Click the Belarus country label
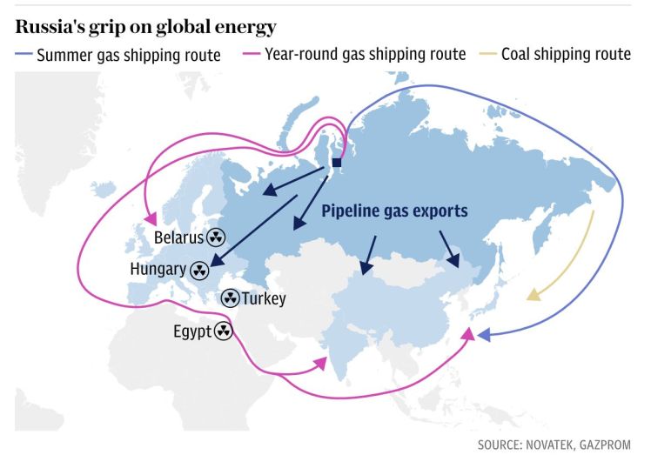178,237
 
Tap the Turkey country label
263,298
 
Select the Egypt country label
191,331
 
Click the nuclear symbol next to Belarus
216,237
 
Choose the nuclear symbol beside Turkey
230,298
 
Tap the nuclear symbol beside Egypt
224,331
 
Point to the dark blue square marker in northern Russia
337,163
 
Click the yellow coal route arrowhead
532,297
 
